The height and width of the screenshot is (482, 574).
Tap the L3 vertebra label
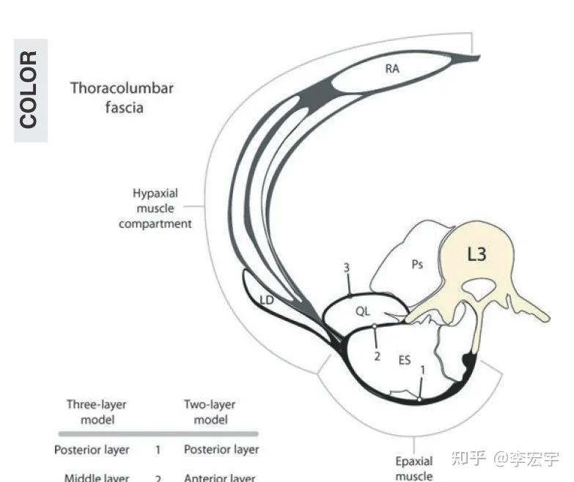(477, 256)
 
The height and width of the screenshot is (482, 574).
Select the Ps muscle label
(416, 265)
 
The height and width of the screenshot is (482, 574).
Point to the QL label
(363, 311)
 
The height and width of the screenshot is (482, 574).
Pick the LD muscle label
(266, 300)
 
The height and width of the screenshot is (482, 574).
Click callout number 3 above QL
(347, 268)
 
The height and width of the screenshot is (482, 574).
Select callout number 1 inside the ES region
(422, 371)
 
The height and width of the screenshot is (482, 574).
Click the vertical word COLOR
(29, 89)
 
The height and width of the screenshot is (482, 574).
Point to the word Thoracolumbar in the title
(122, 89)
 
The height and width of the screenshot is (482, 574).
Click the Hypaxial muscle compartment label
(155, 209)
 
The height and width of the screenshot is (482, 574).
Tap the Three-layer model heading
(96, 412)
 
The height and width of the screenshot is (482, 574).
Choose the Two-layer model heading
(210, 412)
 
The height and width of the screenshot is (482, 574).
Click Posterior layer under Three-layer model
(92, 450)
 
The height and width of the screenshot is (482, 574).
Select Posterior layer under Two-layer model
(221, 450)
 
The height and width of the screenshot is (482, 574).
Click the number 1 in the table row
(158, 450)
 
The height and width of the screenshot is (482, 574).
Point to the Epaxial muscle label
(414, 469)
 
